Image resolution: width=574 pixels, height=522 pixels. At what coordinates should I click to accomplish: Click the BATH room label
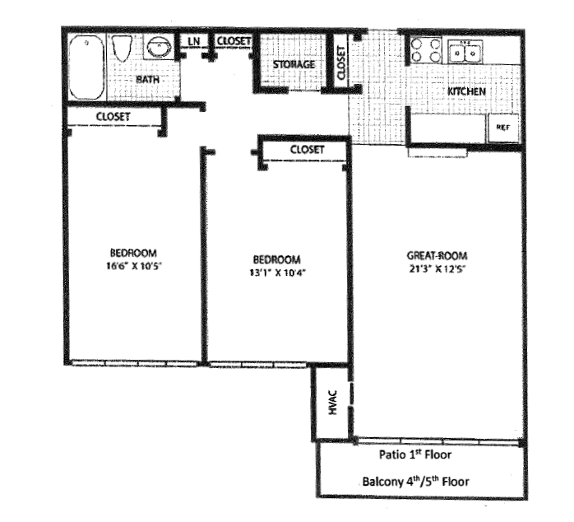(x=148, y=79)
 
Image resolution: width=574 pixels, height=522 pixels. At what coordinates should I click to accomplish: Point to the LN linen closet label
(x=194, y=40)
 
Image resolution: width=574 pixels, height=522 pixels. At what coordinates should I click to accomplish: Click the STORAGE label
(x=294, y=64)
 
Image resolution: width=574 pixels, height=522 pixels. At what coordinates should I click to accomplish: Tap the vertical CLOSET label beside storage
(x=341, y=61)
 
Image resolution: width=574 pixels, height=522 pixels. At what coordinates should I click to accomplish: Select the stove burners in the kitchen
(x=427, y=51)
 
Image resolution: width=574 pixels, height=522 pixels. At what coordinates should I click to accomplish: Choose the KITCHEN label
(x=466, y=91)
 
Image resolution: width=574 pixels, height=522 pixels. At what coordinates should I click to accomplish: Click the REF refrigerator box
(x=502, y=128)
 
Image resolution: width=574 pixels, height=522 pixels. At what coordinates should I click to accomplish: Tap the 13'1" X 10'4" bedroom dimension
(x=275, y=271)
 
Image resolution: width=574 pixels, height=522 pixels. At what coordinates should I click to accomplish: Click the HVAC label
(x=334, y=404)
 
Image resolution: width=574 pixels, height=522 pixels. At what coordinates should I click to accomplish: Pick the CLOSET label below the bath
(x=113, y=117)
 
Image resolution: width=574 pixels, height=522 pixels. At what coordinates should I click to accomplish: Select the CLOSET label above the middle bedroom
(x=308, y=149)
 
